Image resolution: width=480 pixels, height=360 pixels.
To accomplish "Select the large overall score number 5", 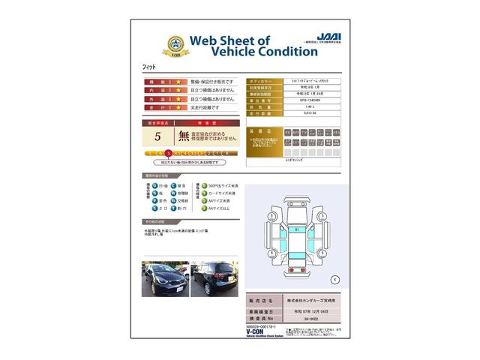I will (157, 136).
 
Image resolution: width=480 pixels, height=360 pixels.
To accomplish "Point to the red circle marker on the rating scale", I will (168, 153).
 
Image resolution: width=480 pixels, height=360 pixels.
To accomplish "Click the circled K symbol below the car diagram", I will (334, 279).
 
